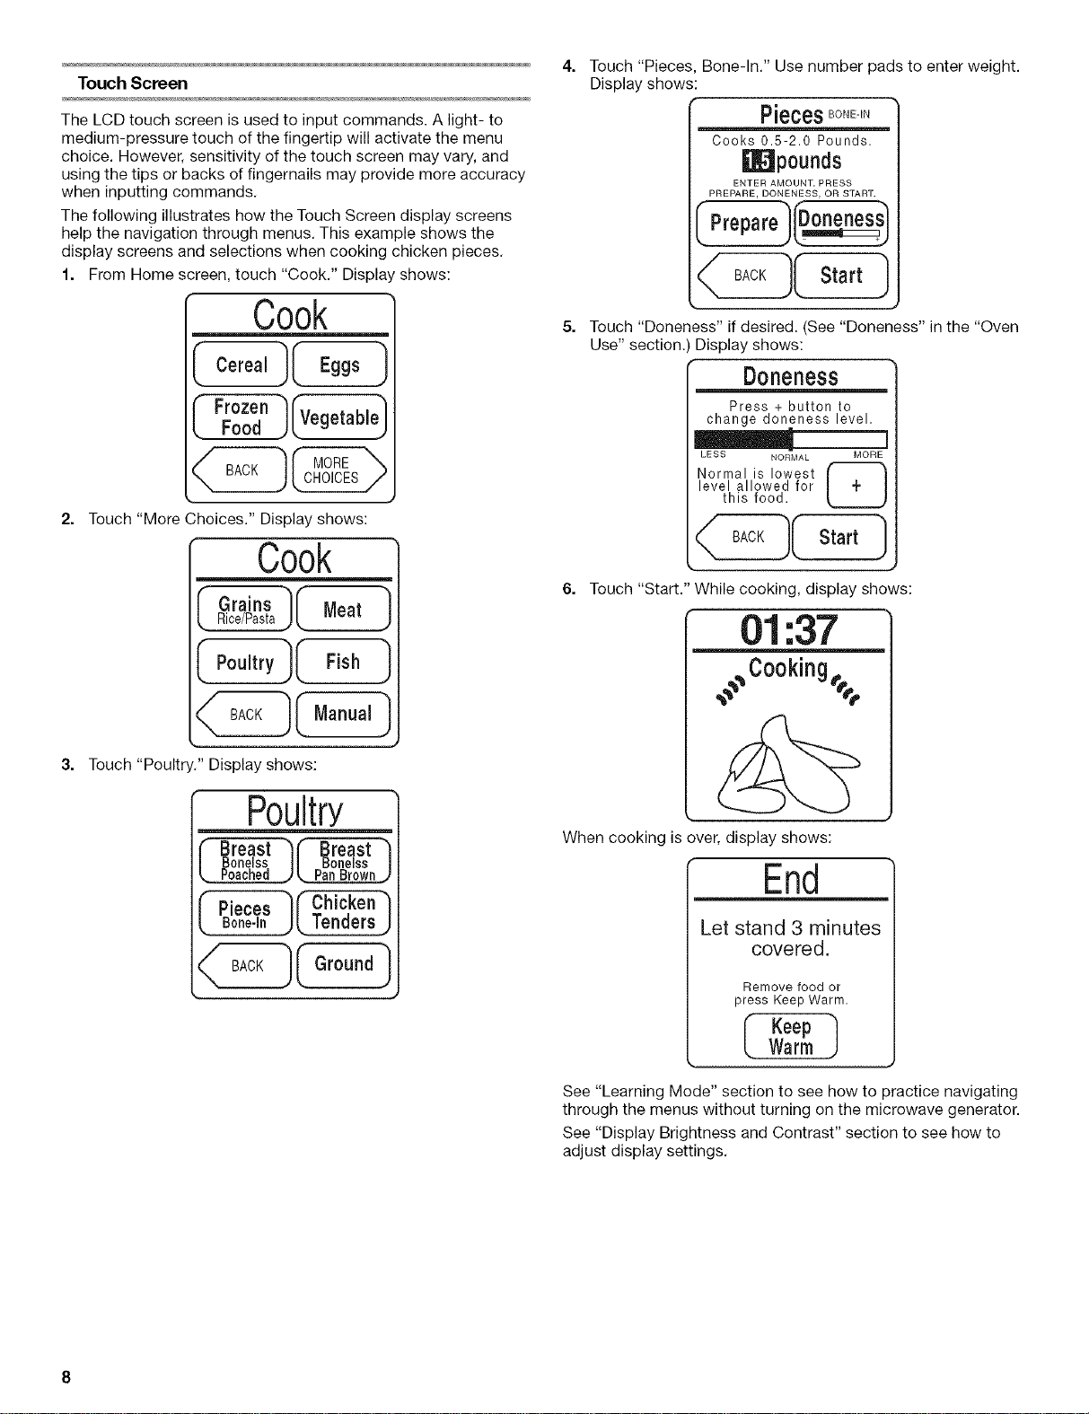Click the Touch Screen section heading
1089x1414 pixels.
[133, 83]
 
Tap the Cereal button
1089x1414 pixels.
[241, 364]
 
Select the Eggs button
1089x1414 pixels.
[339, 364]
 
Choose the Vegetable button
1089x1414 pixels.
[339, 417]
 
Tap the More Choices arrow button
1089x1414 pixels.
[339, 470]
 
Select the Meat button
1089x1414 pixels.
[343, 609]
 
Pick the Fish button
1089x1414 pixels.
[343, 661]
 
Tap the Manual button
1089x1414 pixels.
[343, 714]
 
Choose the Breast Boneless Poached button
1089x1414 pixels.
[246, 861]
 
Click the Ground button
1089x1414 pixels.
[344, 965]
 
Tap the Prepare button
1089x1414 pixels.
[743, 224]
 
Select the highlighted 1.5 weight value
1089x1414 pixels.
[758, 161]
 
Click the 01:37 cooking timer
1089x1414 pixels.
[788, 630]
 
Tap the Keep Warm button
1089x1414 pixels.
[790, 1037]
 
